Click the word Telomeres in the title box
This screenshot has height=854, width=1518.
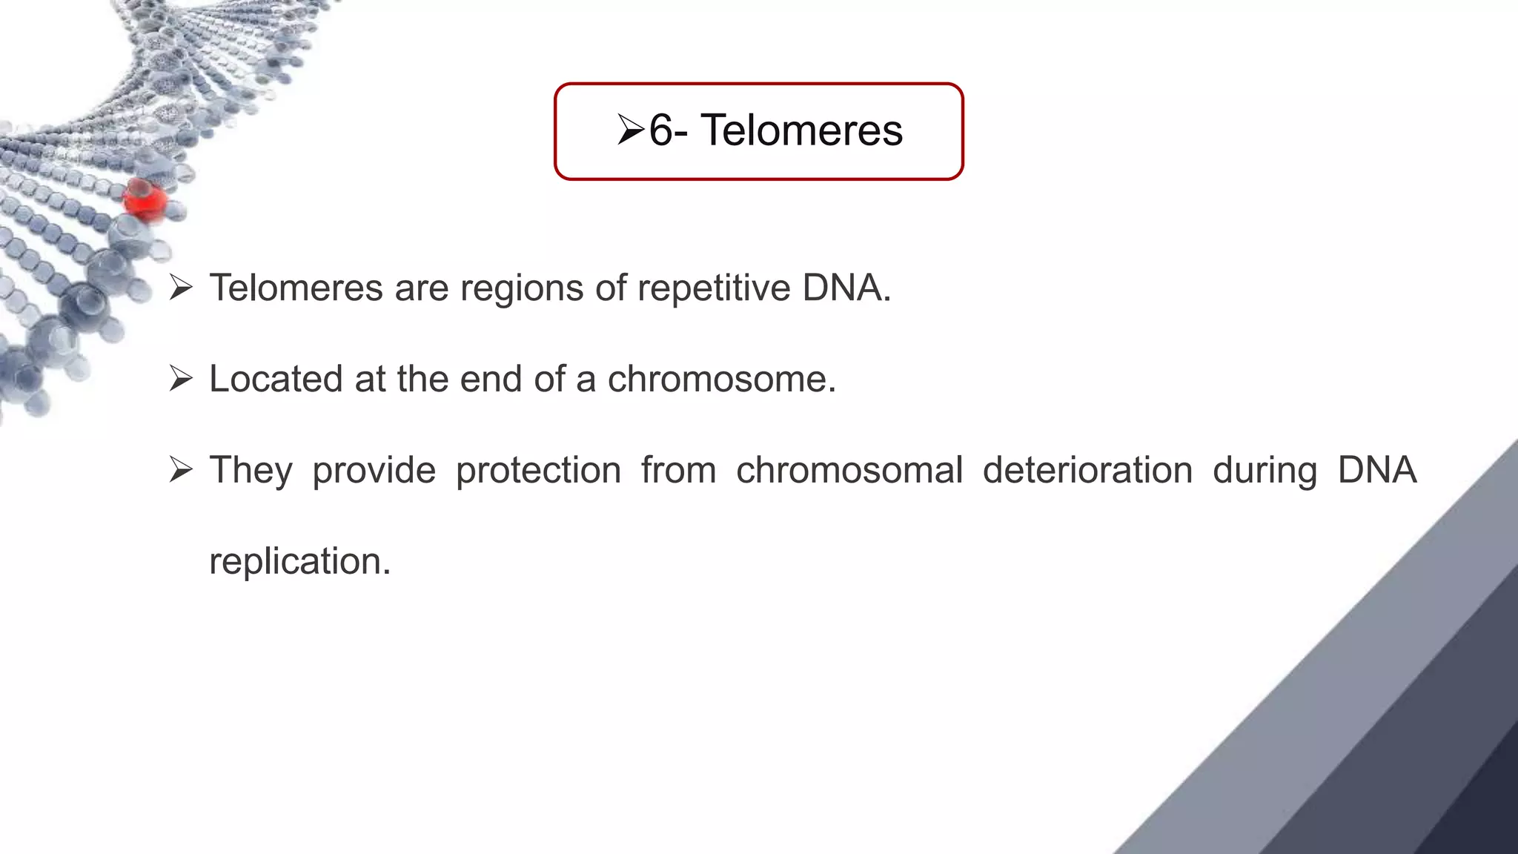pos(801,130)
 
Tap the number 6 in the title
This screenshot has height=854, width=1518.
pos(661,130)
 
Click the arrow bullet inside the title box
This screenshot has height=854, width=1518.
pos(631,130)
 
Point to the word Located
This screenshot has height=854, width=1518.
pos(276,379)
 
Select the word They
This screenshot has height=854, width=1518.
pos(251,471)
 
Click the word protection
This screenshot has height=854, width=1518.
pos(538,471)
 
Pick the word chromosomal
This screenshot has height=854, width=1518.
pos(849,470)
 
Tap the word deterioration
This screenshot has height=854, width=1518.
pos(1087,470)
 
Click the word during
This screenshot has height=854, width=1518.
pos(1265,471)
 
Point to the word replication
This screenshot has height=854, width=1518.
pos(299,562)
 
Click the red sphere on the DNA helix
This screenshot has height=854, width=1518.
pos(145,199)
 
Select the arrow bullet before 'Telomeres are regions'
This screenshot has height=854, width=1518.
pos(181,288)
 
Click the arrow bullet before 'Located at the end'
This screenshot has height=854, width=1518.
pos(181,379)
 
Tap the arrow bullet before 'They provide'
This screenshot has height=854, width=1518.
pos(181,470)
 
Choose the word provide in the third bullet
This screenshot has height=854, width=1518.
pos(374,471)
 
